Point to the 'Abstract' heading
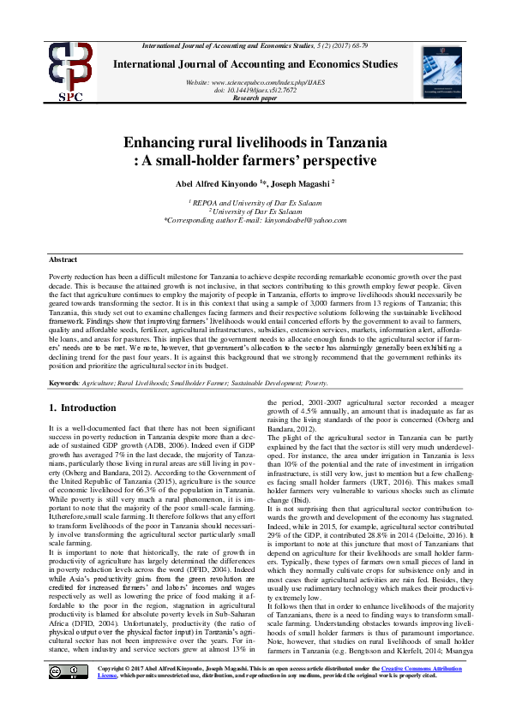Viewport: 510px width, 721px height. [63, 259]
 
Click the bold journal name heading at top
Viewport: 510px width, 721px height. [255, 64]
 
